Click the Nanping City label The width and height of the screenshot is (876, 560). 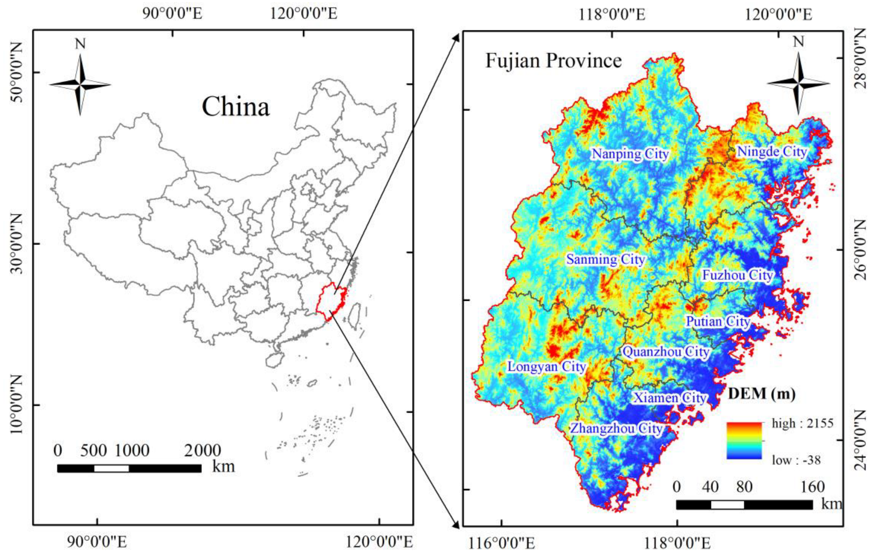pos(630,153)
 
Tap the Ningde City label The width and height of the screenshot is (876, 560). pos(772,151)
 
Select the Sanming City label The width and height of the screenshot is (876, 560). pos(606,259)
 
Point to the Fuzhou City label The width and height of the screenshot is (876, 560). pos(737,275)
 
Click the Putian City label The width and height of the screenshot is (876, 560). pos(718,322)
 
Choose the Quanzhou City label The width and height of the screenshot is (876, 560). pos(666,351)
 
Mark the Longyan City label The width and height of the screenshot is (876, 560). pos(546,367)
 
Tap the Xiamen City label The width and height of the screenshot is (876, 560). pos(670,398)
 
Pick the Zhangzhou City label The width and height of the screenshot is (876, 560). pos(616,428)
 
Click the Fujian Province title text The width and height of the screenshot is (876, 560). pos(553,61)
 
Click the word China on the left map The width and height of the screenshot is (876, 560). pos(235,107)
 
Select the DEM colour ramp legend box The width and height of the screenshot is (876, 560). pos(744,441)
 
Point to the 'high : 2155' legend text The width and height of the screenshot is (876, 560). pos(802,423)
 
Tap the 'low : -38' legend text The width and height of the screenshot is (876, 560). pos(796,460)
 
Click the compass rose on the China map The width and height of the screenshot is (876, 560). pos(80,84)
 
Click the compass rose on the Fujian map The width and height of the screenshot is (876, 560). pos(798,83)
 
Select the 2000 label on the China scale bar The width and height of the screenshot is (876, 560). pos(203,450)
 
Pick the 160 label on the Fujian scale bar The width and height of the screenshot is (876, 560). pos(812,487)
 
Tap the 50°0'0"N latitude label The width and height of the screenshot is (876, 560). pos(16,72)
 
